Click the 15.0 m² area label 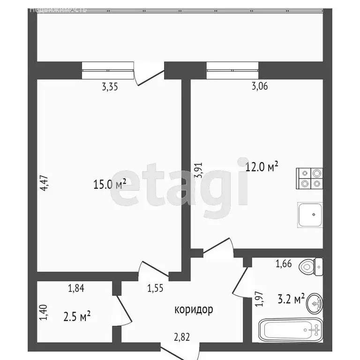(110, 184)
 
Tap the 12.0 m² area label (262, 166)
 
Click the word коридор (194, 309)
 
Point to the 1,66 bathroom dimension (284, 264)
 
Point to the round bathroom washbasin (315, 304)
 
